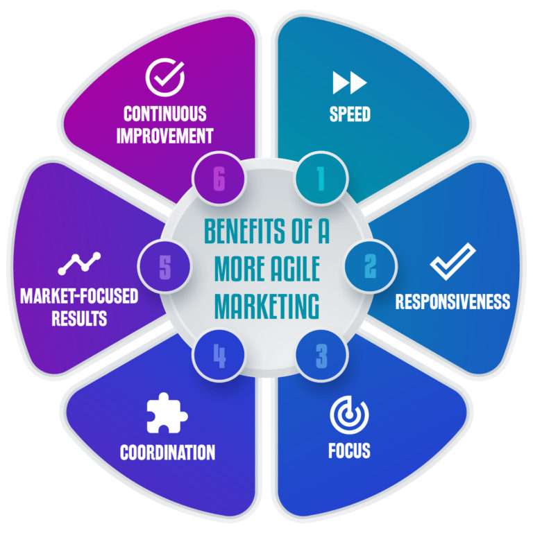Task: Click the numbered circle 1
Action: [320, 179]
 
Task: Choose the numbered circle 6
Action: [219, 179]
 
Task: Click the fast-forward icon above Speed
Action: [349, 83]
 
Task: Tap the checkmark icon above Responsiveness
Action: [452, 262]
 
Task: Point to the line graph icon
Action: [78, 262]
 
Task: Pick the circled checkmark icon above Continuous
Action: [165, 78]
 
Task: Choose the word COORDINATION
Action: [167, 453]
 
